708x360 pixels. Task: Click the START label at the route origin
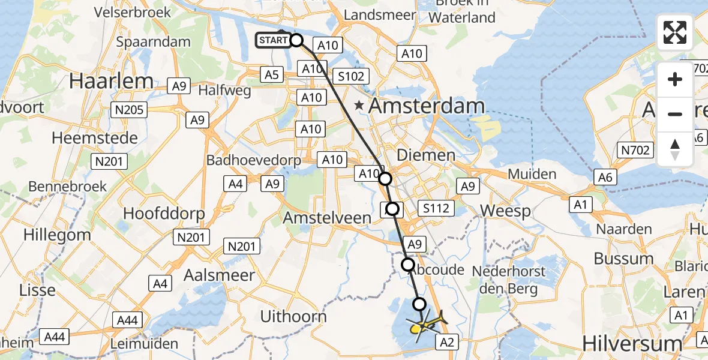point(274,41)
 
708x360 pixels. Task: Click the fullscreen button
point(675,32)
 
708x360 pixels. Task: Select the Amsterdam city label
point(426,106)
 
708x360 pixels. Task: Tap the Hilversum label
point(632,344)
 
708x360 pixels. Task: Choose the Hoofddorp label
point(164,214)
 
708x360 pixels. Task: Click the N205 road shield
point(128,109)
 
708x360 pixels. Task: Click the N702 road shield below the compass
point(635,150)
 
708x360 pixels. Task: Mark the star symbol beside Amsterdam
point(359,106)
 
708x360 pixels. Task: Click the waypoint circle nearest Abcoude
point(408,265)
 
